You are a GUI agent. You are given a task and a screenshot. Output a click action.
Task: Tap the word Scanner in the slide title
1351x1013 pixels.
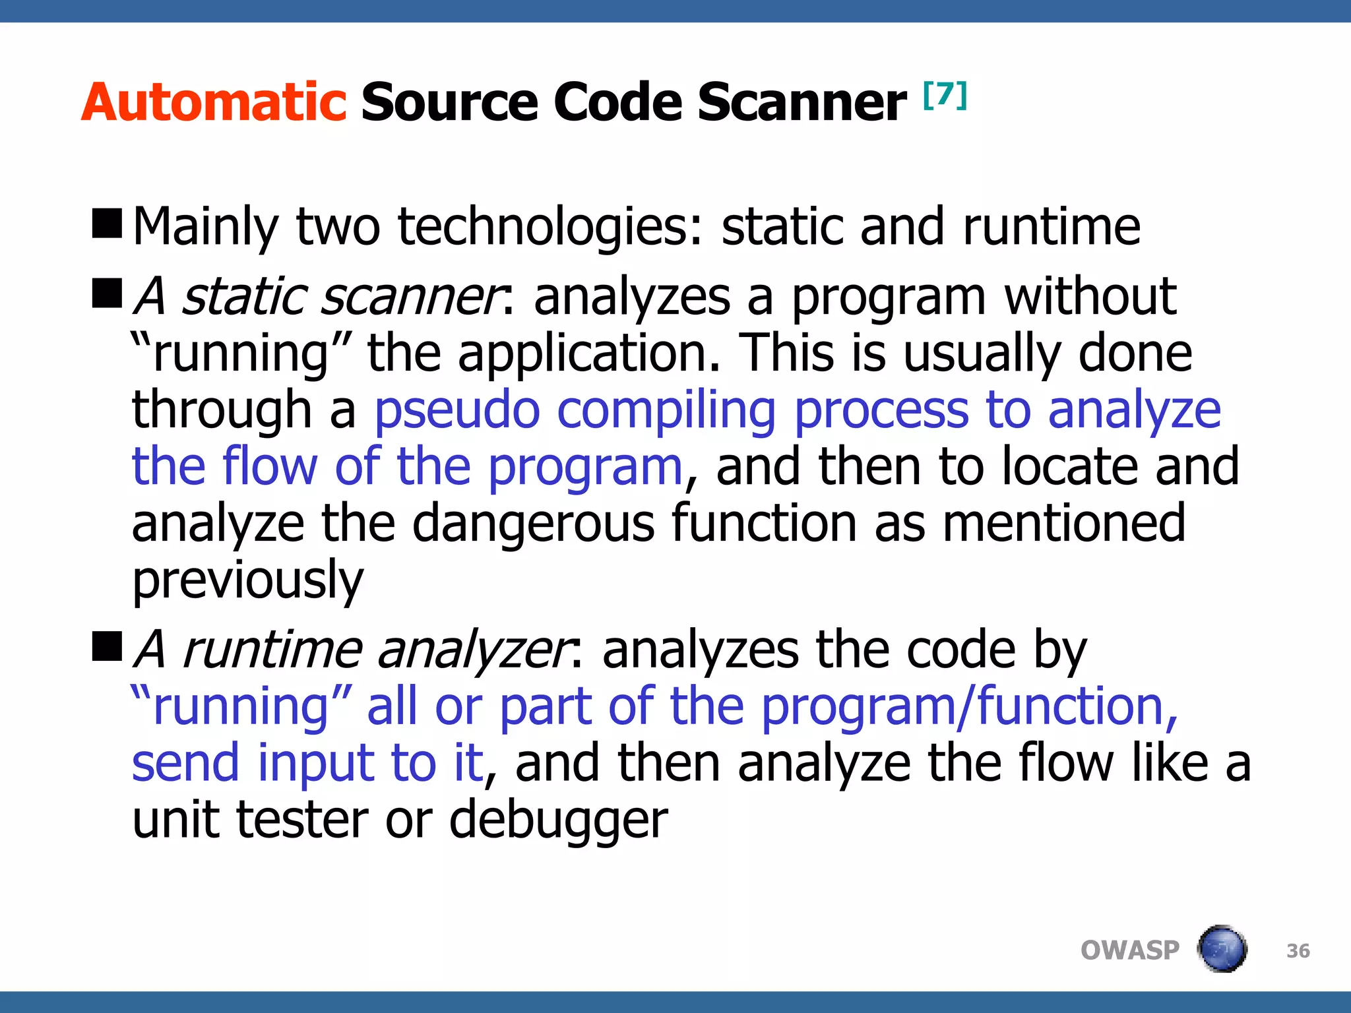pos(801,103)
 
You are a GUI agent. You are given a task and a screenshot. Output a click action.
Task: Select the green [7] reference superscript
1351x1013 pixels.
pos(945,95)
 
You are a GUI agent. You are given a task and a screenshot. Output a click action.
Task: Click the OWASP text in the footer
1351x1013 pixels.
pos(1129,950)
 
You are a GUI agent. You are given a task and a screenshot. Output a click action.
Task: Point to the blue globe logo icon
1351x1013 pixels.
pos(1222,949)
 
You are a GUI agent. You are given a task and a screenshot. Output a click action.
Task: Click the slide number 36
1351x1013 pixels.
pos(1298,951)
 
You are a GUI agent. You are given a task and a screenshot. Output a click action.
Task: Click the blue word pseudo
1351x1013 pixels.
pos(457,410)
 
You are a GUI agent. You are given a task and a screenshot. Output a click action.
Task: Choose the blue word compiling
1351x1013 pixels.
pos(666,412)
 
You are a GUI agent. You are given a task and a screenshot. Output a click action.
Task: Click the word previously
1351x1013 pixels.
pos(247,580)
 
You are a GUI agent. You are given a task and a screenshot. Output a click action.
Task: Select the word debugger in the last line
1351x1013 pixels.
pos(558,820)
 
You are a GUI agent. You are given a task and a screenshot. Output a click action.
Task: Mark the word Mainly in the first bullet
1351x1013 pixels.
pos(206,227)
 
